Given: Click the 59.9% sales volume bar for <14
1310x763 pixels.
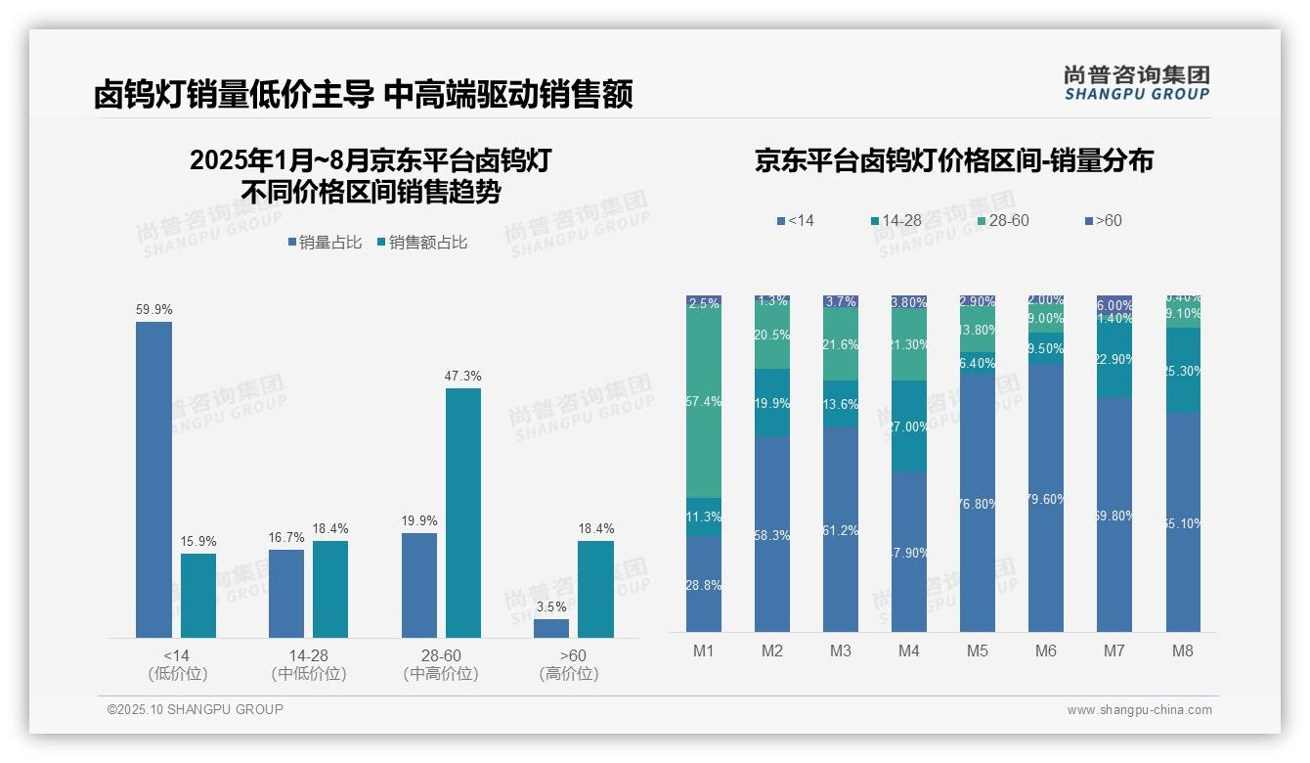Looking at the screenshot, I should (153, 479).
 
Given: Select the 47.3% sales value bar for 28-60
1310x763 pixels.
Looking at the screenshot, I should (463, 513).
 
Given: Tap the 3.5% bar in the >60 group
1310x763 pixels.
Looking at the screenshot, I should (551, 628).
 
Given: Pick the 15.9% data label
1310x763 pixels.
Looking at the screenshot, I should (198, 541).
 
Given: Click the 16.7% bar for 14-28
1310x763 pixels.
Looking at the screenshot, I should (286, 593).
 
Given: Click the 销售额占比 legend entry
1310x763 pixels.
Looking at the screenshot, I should (421, 243).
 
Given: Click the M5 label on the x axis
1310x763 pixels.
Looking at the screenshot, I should (978, 651).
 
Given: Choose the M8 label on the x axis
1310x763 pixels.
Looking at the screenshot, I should (1183, 651).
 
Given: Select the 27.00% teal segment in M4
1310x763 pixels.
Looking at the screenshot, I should (909, 426).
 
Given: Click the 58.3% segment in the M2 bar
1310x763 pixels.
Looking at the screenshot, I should (772, 533).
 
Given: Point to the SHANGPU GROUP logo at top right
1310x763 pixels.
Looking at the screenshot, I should (1136, 83).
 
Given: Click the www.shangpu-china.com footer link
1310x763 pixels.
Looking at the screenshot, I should (1139, 710).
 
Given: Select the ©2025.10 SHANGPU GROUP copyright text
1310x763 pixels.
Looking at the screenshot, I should (196, 709).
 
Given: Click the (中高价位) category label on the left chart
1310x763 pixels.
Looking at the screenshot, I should (441, 674).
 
